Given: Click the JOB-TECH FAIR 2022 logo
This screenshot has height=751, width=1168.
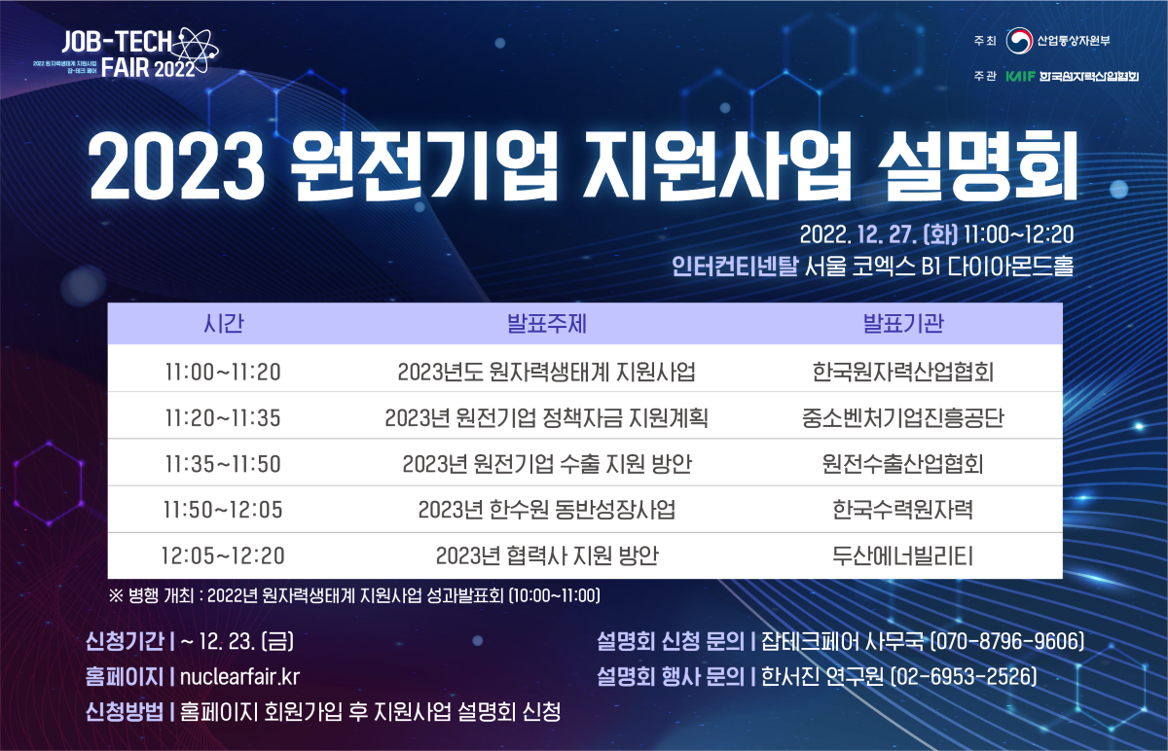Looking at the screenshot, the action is [x=126, y=54].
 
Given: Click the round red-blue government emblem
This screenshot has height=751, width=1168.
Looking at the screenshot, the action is [x=1019, y=41].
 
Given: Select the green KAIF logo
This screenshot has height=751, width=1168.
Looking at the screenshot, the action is [x=1020, y=76].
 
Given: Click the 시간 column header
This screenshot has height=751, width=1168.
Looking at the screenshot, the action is [x=223, y=324].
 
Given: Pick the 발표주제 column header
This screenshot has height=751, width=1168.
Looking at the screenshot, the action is [x=547, y=324].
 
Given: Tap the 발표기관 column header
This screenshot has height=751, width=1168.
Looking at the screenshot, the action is [x=903, y=324].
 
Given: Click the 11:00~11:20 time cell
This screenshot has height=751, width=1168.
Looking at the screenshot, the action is [x=223, y=373].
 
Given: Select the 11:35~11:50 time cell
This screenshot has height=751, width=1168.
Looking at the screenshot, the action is [x=223, y=464].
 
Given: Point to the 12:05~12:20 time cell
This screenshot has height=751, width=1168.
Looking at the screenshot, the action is [x=223, y=555].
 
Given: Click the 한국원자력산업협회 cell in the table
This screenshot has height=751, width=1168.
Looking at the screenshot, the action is [x=903, y=373].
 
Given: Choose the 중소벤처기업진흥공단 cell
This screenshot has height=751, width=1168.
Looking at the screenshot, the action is [x=903, y=418].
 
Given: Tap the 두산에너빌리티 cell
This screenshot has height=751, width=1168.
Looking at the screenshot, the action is [x=903, y=555].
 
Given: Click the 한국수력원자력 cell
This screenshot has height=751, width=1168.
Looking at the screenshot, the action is [x=903, y=510].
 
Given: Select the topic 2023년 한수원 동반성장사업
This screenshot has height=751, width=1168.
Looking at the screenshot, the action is [x=547, y=510].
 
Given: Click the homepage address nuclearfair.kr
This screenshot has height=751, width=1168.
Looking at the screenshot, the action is [x=239, y=676].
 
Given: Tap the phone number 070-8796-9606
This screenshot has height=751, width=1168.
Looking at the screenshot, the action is [x=1007, y=641].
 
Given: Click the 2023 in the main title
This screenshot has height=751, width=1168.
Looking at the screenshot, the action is [x=177, y=166].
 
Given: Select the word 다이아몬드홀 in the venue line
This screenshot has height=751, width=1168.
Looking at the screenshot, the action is [x=1010, y=267].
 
